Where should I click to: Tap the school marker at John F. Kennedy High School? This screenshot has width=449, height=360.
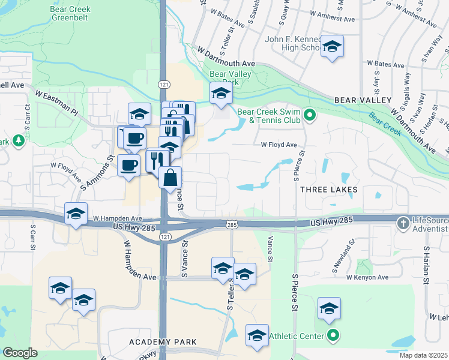pyautogui.click(x=331, y=47)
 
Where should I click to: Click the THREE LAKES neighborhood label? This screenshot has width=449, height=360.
pyautogui.click(x=328, y=190)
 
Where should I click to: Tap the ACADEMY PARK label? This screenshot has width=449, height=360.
pyautogui.click(x=163, y=342)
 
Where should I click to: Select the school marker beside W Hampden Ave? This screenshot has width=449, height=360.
pyautogui.click(x=76, y=214)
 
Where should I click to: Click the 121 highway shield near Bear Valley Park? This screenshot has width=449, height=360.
pyautogui.click(x=163, y=85)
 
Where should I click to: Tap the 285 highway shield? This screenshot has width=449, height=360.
pyautogui.click(x=231, y=225)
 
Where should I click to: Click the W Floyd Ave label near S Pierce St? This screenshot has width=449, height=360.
pyautogui.click(x=279, y=145)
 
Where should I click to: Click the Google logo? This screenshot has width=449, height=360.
pyautogui.click(x=20, y=353)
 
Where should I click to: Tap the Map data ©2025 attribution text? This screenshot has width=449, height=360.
pyautogui.click(x=423, y=355)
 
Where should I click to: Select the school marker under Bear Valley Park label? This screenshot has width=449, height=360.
pyautogui.click(x=221, y=93)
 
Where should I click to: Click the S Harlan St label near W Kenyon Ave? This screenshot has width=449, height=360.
pyautogui.click(x=426, y=264)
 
